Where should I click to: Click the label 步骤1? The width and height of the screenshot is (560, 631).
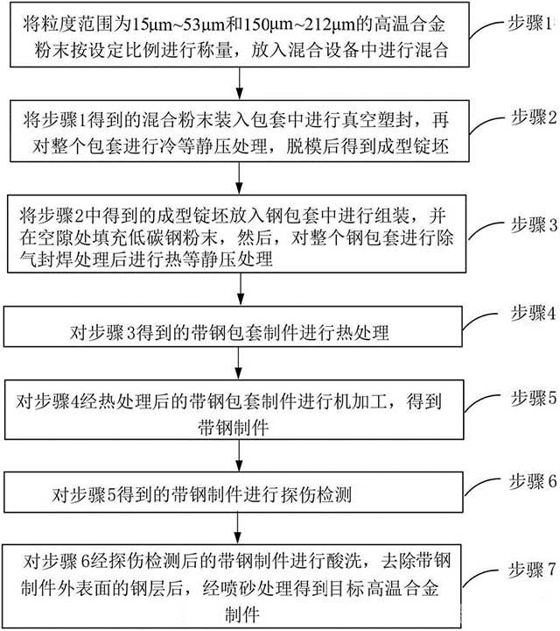[x=529, y=24]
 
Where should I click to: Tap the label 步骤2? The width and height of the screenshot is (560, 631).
[x=534, y=117]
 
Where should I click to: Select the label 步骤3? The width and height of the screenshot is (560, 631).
[x=534, y=225]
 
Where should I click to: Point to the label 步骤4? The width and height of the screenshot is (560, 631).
[x=533, y=313]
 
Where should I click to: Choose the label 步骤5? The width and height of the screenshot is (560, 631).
[x=534, y=398]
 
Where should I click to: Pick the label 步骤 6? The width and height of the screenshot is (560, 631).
[x=533, y=481]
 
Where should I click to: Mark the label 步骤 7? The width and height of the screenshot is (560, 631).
[x=532, y=570]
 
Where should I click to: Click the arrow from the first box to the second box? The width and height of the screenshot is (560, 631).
[x=240, y=83]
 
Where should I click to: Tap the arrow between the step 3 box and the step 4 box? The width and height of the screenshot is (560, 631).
[x=241, y=289]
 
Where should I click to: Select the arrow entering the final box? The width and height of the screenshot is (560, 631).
[x=238, y=528]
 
